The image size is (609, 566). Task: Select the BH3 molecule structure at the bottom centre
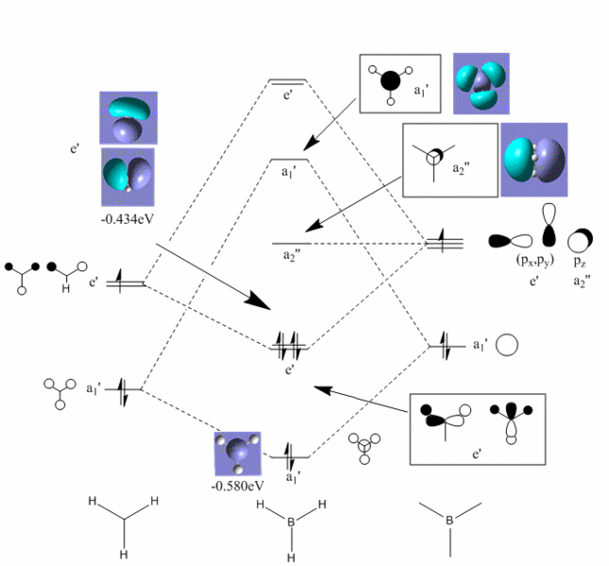(294, 528)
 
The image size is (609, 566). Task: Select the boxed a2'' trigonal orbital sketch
(449, 160)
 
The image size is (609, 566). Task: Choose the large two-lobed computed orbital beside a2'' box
(533, 160)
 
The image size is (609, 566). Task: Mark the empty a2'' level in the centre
(292, 243)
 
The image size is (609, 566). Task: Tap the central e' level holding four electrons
(287, 349)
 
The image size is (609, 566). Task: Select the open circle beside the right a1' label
(507, 345)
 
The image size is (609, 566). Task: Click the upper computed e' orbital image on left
(128, 118)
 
